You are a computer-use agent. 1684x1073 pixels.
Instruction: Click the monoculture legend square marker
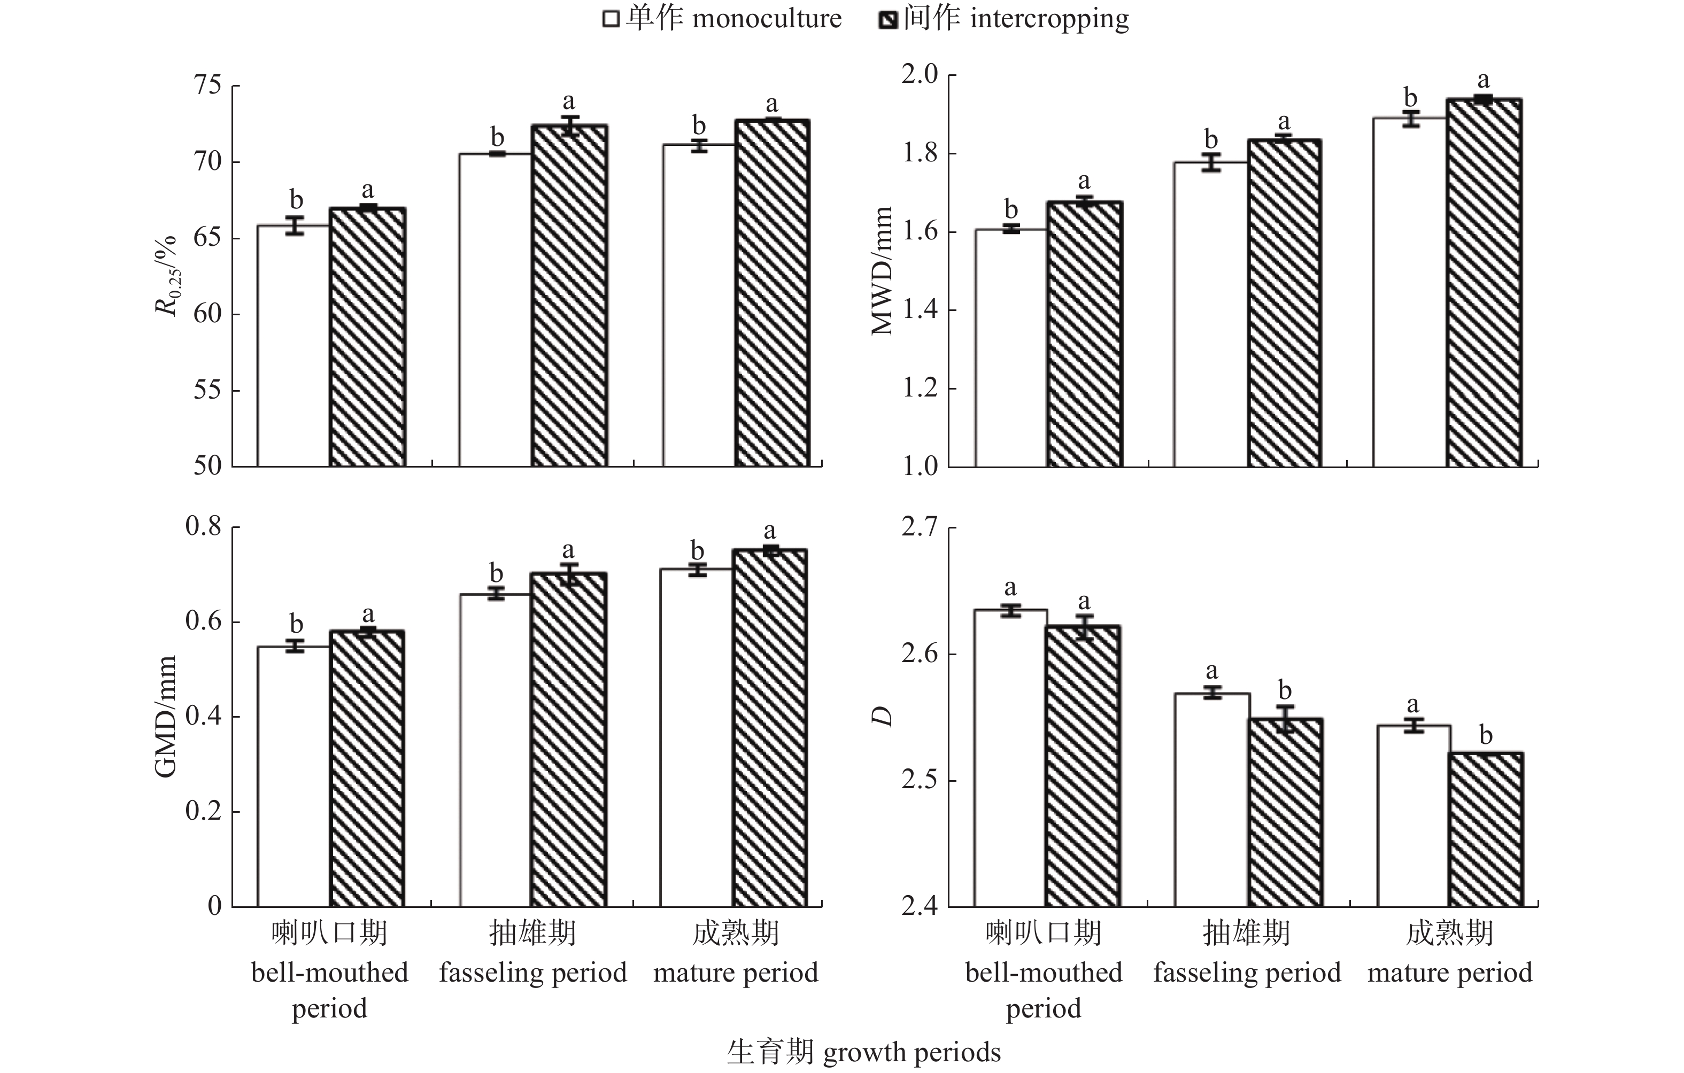point(611,19)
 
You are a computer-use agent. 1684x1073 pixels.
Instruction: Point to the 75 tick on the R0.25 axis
point(208,86)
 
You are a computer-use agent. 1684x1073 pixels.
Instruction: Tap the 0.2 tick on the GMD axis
point(203,812)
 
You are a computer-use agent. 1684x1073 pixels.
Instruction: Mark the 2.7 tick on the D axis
point(919,528)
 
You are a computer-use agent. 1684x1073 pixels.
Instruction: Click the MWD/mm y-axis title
point(883,271)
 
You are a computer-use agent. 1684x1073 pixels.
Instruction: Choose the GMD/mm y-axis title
point(166,717)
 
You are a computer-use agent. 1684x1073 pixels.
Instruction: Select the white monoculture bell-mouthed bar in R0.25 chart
point(293,346)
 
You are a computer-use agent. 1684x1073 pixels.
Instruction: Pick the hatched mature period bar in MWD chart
point(1484,283)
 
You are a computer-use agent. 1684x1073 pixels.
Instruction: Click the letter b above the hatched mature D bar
point(1485,735)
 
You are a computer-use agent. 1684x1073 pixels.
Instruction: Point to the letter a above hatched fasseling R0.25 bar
point(569,102)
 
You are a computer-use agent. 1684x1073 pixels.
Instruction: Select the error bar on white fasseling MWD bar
point(1211,162)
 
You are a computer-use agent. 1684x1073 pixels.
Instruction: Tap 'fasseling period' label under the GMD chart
point(533,973)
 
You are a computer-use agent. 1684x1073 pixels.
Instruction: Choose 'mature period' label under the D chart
point(1450,973)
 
